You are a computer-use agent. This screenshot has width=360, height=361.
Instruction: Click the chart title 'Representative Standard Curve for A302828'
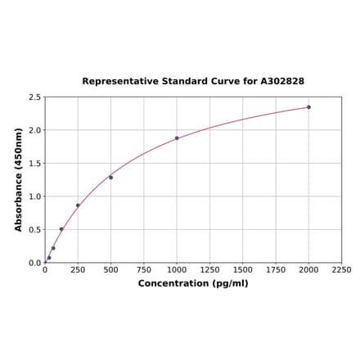(193, 82)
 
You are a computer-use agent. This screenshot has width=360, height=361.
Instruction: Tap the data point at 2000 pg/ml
(308, 107)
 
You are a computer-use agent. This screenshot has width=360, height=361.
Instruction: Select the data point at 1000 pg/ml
(177, 138)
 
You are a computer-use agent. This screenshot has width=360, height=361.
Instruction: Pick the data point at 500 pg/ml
(111, 177)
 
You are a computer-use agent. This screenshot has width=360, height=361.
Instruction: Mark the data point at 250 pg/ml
(78, 205)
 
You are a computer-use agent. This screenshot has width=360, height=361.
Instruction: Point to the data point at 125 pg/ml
(61, 229)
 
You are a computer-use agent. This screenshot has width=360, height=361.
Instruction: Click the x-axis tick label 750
(144, 269)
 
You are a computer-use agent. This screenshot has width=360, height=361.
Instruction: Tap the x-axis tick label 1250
(209, 269)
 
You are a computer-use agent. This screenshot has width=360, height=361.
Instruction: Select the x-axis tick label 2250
(341, 269)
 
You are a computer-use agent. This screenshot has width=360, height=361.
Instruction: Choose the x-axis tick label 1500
(242, 269)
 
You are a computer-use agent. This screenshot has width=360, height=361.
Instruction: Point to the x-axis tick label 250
(78, 269)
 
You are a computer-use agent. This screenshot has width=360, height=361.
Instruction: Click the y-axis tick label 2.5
(35, 97)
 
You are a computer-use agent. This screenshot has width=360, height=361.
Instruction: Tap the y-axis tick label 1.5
(35, 164)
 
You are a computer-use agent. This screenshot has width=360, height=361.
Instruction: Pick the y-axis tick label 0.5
(35, 230)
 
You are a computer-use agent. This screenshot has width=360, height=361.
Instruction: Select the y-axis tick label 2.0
(35, 130)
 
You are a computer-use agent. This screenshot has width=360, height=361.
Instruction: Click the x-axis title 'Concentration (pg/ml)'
(193, 283)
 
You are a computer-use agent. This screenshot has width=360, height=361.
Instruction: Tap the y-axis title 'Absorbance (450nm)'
(19, 179)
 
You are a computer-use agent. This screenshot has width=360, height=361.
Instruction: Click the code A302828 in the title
(282, 82)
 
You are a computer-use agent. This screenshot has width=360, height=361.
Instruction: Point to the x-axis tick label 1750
(276, 269)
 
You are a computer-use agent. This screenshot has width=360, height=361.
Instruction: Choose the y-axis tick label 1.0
(35, 196)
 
